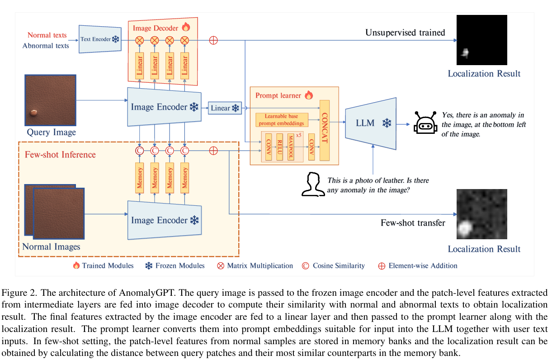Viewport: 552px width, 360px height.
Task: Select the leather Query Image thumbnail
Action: pyautogui.click(x=50, y=100)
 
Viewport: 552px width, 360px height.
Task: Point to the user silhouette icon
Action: pyautogui.click(x=313, y=185)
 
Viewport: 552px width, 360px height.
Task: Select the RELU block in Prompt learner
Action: pyautogui.click(x=279, y=147)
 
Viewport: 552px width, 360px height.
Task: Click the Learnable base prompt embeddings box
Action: pyautogui.click(x=281, y=120)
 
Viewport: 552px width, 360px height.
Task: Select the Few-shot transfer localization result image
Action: pyautogui.click(x=481, y=214)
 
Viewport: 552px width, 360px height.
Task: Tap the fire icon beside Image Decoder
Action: pyautogui.click(x=186, y=27)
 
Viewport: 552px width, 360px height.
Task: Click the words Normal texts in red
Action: pyautogui.click(x=47, y=35)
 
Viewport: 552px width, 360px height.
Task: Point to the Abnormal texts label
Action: pyautogui.click(x=46, y=45)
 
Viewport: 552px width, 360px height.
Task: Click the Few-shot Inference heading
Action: pyautogui.click(x=60, y=155)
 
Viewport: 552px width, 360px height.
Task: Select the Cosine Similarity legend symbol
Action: pyautogui.click(x=305, y=266)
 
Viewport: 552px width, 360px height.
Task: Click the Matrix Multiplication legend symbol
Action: pyautogui.click(x=221, y=266)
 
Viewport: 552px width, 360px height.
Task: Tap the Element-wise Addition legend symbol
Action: pyautogui.click(x=381, y=266)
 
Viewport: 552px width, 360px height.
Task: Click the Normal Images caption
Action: pyautogui.click(x=51, y=247)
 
